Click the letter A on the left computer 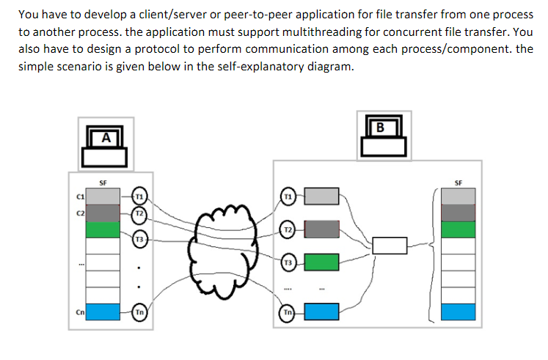coord(106,136)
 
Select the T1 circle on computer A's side coord(140,196)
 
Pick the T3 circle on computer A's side coord(140,239)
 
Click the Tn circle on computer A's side coord(140,312)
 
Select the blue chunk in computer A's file coord(103,312)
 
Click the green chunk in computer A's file coord(103,230)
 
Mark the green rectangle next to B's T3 coord(321,262)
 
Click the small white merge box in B coord(390,246)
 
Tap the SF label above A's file coord(103,181)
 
